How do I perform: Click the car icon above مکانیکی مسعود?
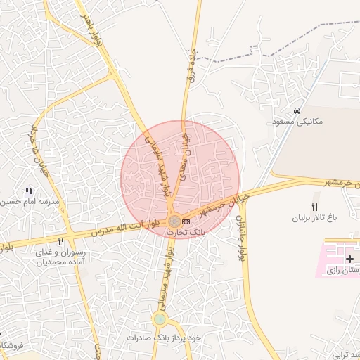pos(297,110)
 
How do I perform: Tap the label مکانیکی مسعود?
pos(297,122)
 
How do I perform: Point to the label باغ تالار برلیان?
pos(316,218)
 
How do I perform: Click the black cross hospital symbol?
pos(350,259)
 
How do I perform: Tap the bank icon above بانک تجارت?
pos(186,221)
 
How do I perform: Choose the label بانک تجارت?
pos(186,231)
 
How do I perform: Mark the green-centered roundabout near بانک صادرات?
pos(160,319)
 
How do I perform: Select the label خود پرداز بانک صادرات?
pos(164,338)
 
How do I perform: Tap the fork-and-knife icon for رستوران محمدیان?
pos(60,241)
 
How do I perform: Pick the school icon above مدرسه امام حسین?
pos(29,191)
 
